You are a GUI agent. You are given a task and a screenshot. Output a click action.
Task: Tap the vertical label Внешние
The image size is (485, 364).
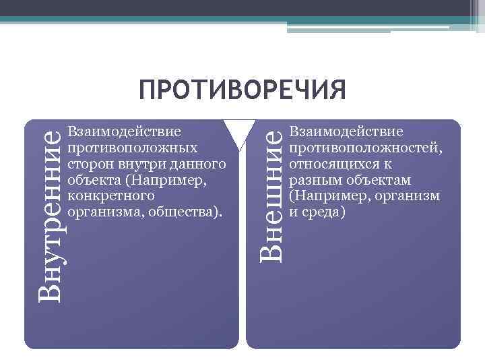click(271, 195)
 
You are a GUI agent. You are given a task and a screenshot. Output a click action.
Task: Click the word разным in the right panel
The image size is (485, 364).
click(311, 180)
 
